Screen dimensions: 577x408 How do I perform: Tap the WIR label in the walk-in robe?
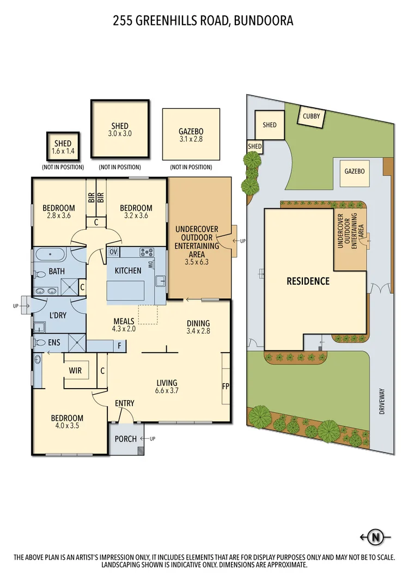(75, 370)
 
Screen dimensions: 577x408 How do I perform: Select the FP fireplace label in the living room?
(226, 386)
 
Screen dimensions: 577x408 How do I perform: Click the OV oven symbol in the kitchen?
(113, 251)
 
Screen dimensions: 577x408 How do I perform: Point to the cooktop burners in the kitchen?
(147, 252)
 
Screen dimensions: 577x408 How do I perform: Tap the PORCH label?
(126, 439)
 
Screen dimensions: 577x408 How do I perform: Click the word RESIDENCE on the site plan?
(309, 281)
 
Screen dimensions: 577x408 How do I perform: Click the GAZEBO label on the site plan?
(354, 171)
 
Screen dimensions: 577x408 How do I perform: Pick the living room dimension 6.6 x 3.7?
(167, 390)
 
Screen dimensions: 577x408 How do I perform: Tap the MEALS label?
(124, 321)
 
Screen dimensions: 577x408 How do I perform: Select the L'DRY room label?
(58, 316)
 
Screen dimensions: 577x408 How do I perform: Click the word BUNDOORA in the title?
(266, 21)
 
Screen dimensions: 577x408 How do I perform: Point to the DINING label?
(198, 322)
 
